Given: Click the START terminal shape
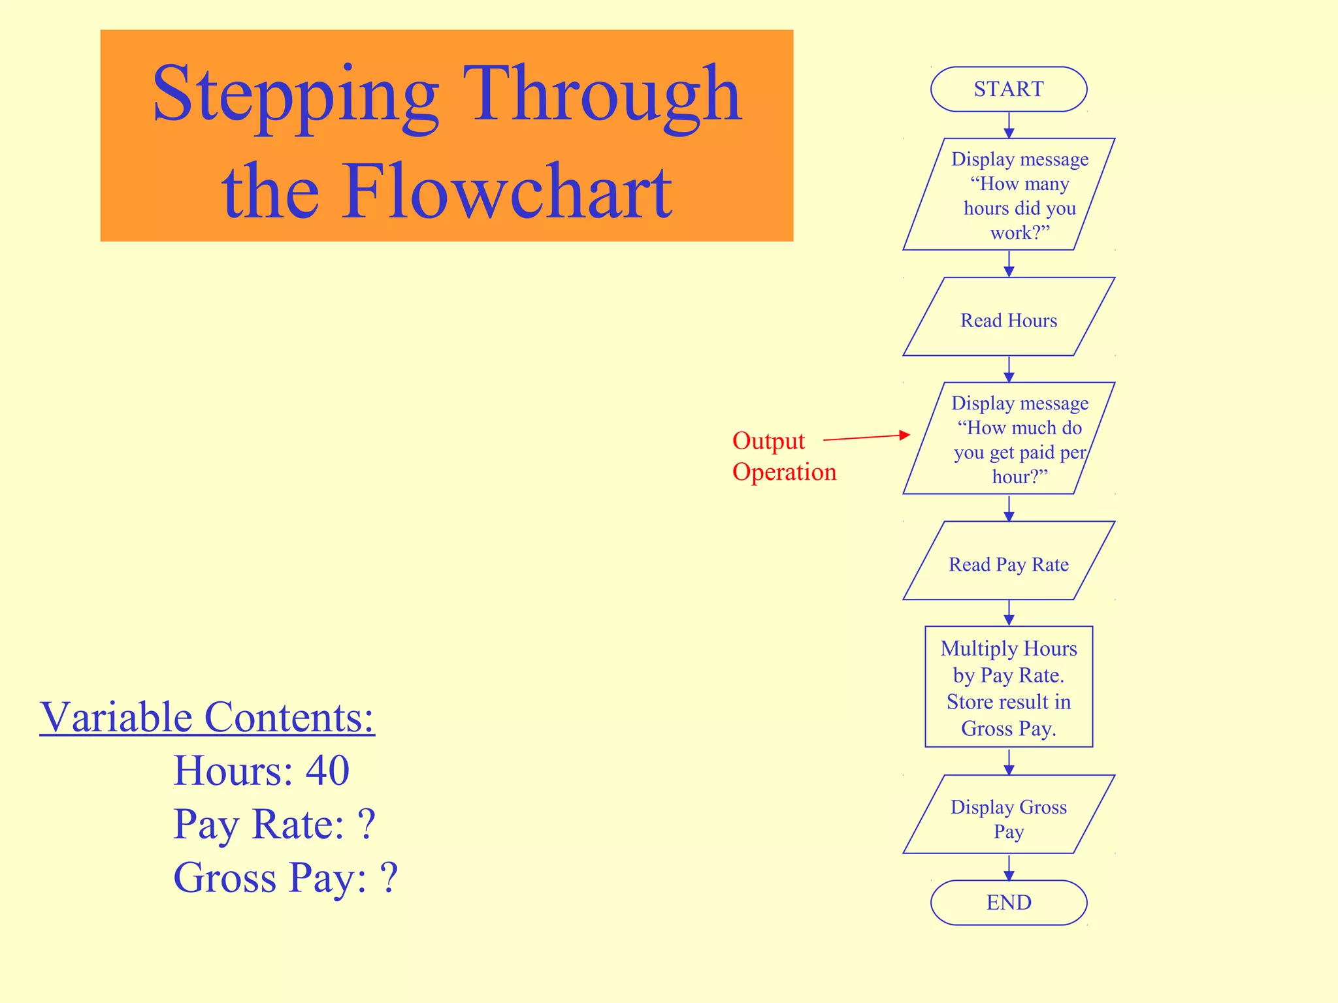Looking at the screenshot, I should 1008,89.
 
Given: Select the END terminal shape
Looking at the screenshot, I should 1008,902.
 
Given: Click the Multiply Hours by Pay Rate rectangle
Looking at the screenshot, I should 1008,687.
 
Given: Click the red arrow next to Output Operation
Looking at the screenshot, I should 866,437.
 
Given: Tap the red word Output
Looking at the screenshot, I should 768,441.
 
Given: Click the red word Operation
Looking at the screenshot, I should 784,471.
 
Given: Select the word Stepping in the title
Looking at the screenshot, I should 295,95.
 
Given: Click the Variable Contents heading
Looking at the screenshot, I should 207,717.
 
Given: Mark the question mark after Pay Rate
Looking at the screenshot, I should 367,824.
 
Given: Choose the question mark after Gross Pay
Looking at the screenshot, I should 389,878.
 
